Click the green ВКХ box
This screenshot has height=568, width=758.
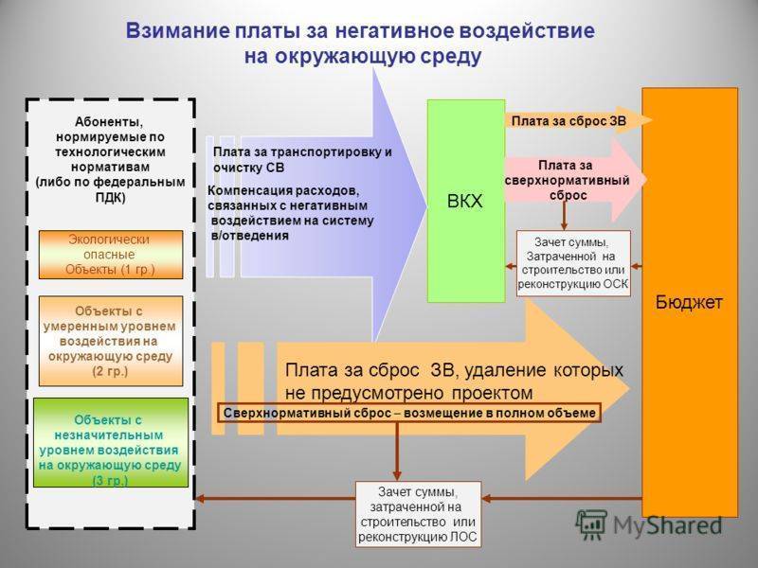(466, 201)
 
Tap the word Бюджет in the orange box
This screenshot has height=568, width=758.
(689, 302)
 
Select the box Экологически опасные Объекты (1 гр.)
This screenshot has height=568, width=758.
(111, 255)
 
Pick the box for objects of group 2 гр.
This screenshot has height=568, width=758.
(111, 341)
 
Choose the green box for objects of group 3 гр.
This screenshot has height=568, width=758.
(111, 442)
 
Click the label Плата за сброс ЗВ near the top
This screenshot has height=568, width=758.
(568, 121)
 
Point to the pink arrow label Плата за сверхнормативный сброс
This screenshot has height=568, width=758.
(568, 180)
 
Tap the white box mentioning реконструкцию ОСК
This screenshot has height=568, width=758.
(573, 263)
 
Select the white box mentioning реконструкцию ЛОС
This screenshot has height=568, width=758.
(418, 514)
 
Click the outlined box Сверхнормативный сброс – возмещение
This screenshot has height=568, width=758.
(409, 413)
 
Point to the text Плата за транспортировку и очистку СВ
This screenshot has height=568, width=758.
(302, 160)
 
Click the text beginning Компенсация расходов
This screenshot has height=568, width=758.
(291, 213)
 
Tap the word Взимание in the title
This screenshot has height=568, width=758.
(178, 30)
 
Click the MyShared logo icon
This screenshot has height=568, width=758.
(590, 524)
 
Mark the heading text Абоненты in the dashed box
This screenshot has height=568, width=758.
(109, 122)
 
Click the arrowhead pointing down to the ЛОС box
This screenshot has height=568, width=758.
(397, 475)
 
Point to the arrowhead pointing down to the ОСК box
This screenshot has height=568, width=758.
(564, 225)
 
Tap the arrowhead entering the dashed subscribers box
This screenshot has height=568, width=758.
(199, 499)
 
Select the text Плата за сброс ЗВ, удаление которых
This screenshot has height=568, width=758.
(454, 370)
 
